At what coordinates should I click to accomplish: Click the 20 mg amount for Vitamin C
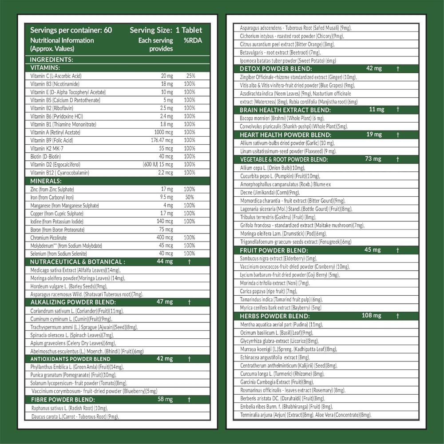click(166, 76)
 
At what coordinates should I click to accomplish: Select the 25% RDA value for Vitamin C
click(190, 76)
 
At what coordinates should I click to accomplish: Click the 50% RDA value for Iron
click(190, 197)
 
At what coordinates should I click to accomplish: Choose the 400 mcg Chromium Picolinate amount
click(164, 238)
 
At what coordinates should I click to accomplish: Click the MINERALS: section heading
click(46, 181)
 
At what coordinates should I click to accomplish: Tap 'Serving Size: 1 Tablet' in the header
click(166, 30)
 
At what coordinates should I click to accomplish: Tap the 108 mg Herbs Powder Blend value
click(371, 316)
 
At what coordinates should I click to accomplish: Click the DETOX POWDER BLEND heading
click(276, 69)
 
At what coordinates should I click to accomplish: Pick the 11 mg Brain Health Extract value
click(377, 110)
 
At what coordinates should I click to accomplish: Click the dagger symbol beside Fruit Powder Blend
click(398, 250)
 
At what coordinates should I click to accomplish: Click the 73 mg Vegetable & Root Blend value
click(373, 159)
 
